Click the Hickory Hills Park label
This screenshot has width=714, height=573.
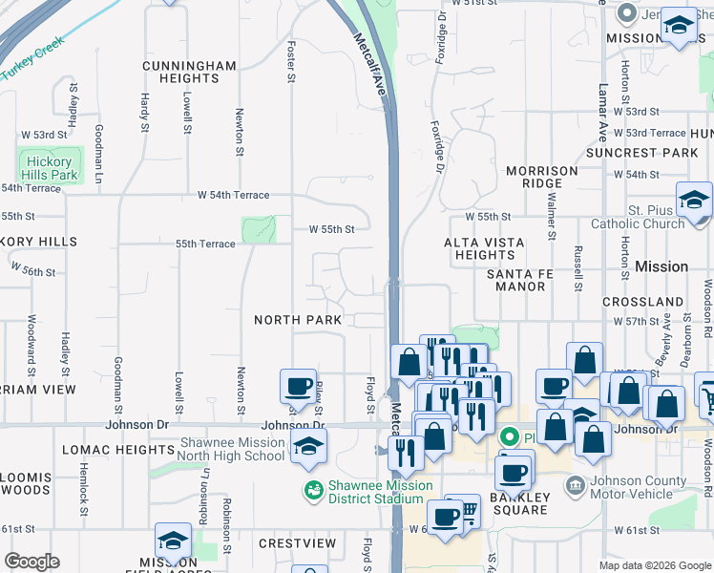click(x=52, y=169)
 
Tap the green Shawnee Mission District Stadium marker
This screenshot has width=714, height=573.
click(x=312, y=490)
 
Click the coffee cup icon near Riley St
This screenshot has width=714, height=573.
click(x=298, y=388)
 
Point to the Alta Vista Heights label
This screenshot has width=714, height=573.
click(x=484, y=248)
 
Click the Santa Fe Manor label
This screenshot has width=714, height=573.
click(x=528, y=280)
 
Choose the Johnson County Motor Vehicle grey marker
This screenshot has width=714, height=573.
click(x=575, y=487)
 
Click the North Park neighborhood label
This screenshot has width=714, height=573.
click(x=291, y=320)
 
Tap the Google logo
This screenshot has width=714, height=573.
click(x=31, y=562)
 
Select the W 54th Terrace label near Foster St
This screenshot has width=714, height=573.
click(x=233, y=195)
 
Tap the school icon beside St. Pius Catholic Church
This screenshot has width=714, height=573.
click(x=693, y=201)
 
